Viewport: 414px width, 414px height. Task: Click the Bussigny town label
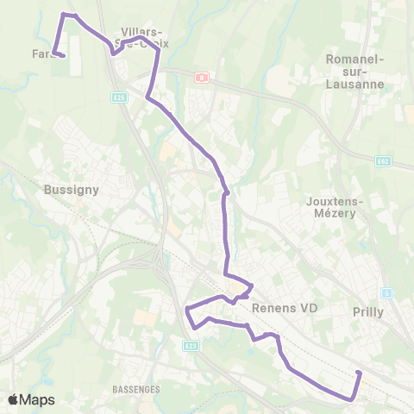[72, 189]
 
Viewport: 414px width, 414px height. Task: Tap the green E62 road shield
[384, 160]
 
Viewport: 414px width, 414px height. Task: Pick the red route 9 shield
[201, 77]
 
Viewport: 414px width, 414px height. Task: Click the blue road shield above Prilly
[387, 293]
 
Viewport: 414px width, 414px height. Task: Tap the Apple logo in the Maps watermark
[13, 400]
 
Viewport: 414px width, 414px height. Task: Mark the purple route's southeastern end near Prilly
[358, 372]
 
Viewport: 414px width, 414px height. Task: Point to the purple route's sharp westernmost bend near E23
[187, 307]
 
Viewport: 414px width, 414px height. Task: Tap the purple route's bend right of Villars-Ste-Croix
[158, 51]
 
